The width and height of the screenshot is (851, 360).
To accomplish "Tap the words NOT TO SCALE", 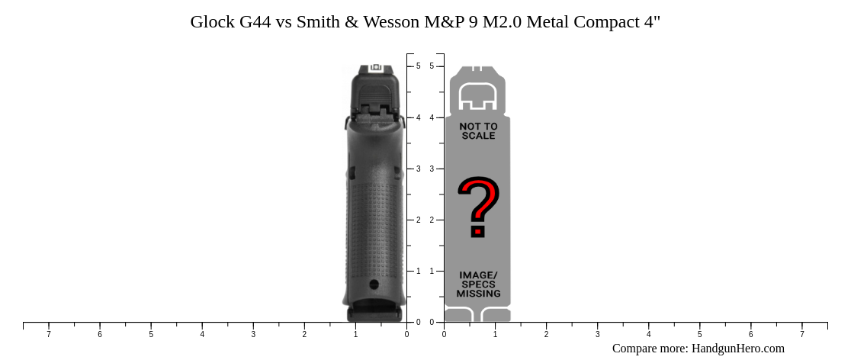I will (478, 131).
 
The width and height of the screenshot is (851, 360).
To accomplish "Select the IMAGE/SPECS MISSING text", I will (478, 284).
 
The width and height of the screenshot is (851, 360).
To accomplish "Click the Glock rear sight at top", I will (375, 68).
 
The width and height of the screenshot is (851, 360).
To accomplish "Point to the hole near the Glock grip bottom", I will (374, 284).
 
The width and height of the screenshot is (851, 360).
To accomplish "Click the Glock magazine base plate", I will (374, 313).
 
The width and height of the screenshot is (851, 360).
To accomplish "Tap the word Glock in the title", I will (212, 21).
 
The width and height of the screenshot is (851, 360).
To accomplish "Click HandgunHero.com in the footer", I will (737, 349).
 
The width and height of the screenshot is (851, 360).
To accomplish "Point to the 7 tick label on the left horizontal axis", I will (49, 334).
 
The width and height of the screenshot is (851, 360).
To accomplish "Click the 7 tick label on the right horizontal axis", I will (801, 334).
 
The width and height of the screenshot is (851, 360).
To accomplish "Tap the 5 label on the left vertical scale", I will (418, 66).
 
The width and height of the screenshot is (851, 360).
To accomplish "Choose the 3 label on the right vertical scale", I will (432, 169).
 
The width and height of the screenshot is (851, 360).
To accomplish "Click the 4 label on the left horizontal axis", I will (202, 334).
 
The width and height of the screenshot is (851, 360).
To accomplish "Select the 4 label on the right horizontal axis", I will (648, 334).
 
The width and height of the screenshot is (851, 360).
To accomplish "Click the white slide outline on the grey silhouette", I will (478, 95).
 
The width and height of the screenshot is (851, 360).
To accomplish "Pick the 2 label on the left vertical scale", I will (418, 220).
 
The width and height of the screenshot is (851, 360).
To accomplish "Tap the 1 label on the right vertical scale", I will (432, 271).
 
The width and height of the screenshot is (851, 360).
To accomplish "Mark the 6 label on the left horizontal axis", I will (100, 334).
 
